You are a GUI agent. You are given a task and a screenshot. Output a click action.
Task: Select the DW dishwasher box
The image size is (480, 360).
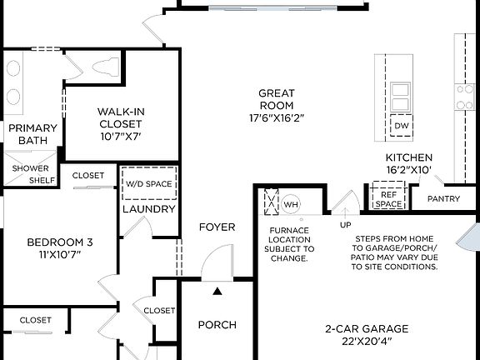[x=401, y=127]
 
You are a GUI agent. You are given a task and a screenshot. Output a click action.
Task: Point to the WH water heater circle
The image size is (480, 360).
[x=291, y=203]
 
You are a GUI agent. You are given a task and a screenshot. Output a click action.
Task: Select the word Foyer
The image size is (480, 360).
[x=217, y=227]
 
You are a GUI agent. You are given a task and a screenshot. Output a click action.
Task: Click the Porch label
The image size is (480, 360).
[x=217, y=325]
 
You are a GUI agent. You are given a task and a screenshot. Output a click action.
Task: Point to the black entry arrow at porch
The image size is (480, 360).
[x=217, y=291]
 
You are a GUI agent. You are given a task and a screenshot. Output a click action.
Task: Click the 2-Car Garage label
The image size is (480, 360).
[x=359, y=328]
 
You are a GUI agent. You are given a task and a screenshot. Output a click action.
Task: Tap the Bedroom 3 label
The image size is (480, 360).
[x=59, y=242]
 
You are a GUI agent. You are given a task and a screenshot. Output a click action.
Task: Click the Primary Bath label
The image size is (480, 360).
[x=33, y=134]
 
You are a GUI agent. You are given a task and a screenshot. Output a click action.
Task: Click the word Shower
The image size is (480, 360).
[x=30, y=167]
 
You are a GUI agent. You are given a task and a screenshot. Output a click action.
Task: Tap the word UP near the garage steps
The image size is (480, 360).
[x=345, y=225]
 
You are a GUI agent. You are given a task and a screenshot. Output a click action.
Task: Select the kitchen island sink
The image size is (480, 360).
[x=401, y=90]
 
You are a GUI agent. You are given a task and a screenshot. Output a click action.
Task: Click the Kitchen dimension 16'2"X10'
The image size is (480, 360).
[x=408, y=170]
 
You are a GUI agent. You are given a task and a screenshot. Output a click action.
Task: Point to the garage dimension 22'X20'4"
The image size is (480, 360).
[x=359, y=341]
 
